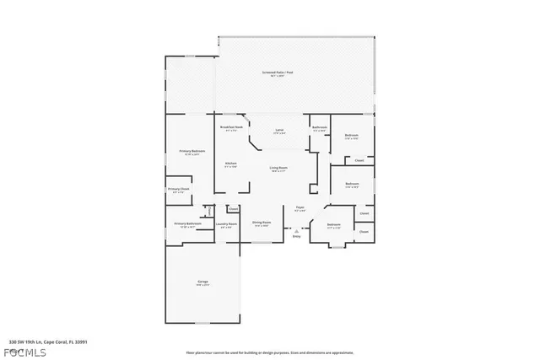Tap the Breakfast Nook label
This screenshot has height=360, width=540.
tap(231, 127)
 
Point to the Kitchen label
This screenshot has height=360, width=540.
tap(230, 164)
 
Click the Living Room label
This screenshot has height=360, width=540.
tap(279, 169)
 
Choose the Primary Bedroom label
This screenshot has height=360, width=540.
tap(190, 151)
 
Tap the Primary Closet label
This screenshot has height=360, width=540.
tap(179, 190)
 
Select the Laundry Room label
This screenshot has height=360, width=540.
tap(226, 224)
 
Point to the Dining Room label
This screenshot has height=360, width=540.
tap(262, 223)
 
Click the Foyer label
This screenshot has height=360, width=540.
tap(299, 207)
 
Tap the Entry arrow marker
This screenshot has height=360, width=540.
tap(296, 229)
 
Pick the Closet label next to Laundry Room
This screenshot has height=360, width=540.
tap(234, 208)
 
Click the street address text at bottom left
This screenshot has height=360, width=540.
tap(46, 342)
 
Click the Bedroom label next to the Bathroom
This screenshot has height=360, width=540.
tap(351, 136)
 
